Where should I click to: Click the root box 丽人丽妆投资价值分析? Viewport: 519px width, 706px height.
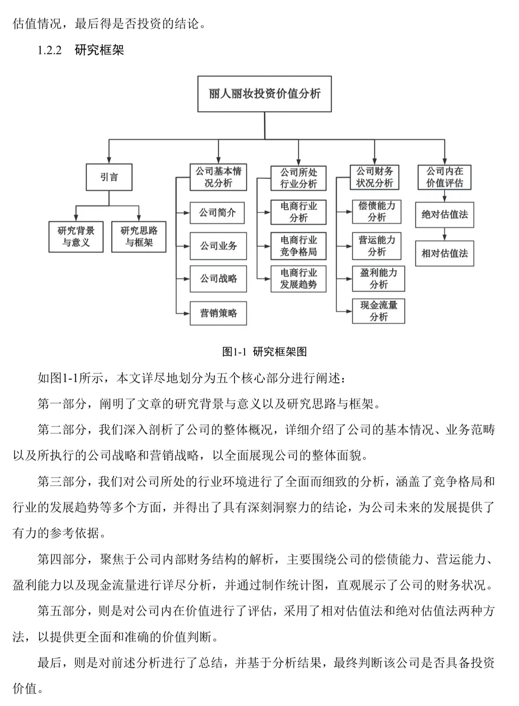click(x=264, y=94)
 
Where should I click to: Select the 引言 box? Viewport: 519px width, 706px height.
click(x=109, y=177)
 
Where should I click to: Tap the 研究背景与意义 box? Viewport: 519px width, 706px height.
click(x=76, y=237)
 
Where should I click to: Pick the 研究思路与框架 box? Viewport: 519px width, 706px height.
click(x=139, y=237)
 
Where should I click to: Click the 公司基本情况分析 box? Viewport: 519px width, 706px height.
click(x=218, y=177)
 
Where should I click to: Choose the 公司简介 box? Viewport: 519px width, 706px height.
click(x=218, y=213)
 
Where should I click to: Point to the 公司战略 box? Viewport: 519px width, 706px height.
click(x=218, y=278)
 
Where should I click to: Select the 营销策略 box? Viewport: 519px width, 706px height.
click(x=218, y=313)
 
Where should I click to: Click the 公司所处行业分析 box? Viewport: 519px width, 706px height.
click(x=298, y=178)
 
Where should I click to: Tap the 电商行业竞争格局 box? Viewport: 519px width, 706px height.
click(x=298, y=246)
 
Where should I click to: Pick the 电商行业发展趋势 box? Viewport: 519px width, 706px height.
click(x=298, y=278)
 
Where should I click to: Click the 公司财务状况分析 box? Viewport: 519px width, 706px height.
click(x=374, y=177)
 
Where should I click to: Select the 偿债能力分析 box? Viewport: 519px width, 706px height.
click(x=377, y=212)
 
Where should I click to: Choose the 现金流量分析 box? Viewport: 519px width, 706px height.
click(x=379, y=311)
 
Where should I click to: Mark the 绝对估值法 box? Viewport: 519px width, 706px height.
click(x=445, y=214)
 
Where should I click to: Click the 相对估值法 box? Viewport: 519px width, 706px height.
click(x=445, y=253)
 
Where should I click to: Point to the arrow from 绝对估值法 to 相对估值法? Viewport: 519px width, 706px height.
click(x=445, y=234)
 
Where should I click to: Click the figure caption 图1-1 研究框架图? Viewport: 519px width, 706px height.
click(x=264, y=352)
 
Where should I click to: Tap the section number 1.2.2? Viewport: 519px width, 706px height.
click(x=49, y=50)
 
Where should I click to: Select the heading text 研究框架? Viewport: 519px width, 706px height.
click(x=99, y=50)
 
